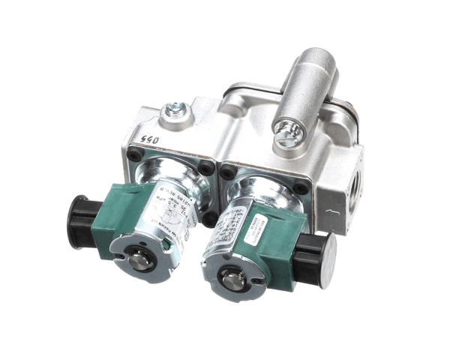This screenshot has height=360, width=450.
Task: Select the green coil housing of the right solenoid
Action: pyautogui.click(x=281, y=240)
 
